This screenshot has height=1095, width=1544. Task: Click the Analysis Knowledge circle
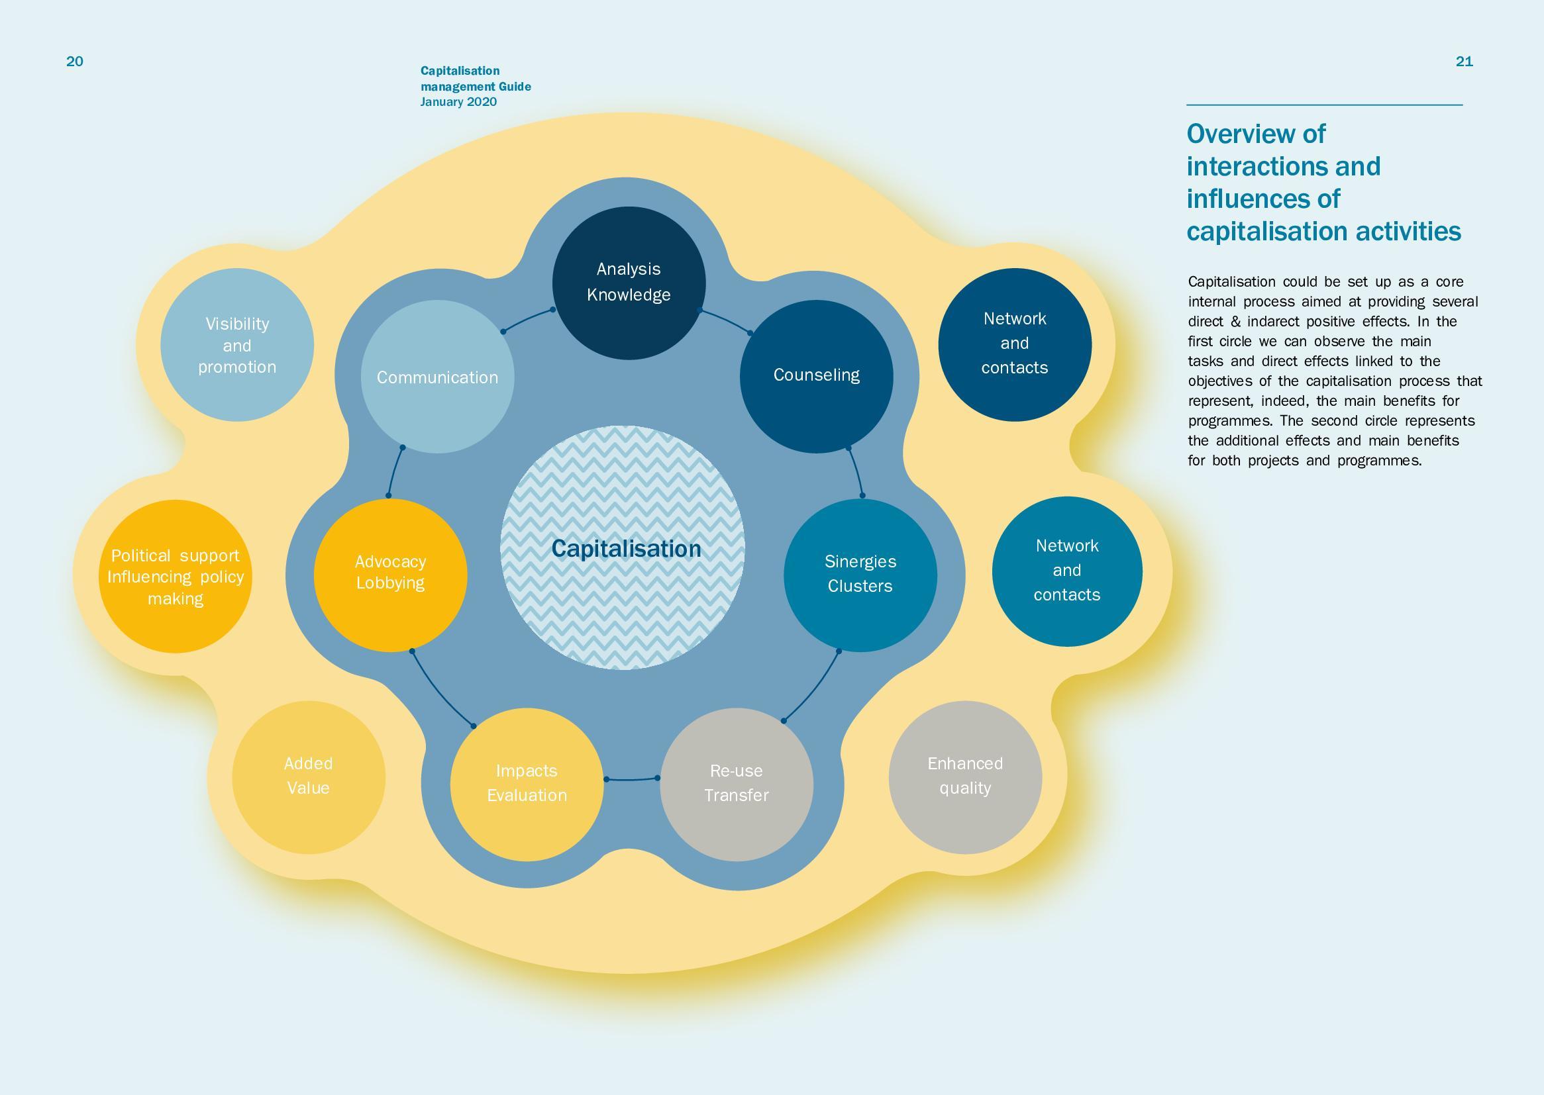tap(629, 283)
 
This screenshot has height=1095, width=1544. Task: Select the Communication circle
tap(437, 376)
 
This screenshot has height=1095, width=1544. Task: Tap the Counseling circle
tap(816, 376)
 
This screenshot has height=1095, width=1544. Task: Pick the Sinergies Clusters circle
tap(860, 575)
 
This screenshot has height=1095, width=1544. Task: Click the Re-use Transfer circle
tap(737, 784)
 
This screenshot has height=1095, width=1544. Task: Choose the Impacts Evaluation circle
tap(527, 784)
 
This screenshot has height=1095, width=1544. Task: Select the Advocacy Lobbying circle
tap(390, 575)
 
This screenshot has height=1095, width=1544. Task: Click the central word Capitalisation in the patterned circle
tap(626, 549)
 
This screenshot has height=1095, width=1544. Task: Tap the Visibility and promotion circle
tap(236, 344)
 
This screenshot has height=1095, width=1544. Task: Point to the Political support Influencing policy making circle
tap(176, 577)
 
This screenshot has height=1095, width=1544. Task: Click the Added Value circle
tap(308, 777)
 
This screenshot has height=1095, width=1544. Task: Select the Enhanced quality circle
tap(965, 777)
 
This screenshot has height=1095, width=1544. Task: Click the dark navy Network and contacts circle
tap(1015, 344)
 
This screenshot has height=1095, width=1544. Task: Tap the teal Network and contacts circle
tap(1067, 572)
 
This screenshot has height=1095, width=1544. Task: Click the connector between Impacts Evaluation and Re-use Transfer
tap(632, 780)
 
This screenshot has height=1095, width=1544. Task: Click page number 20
tap(75, 62)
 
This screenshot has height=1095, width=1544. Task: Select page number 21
tap(1465, 62)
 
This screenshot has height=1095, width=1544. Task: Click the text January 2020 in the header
tap(458, 102)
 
